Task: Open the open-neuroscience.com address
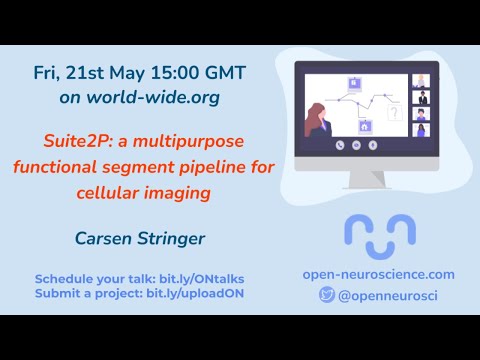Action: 378,274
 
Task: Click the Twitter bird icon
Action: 326,295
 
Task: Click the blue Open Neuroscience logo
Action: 379,234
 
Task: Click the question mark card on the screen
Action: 394,114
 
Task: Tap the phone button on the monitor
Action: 342,144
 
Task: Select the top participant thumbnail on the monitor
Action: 421,81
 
